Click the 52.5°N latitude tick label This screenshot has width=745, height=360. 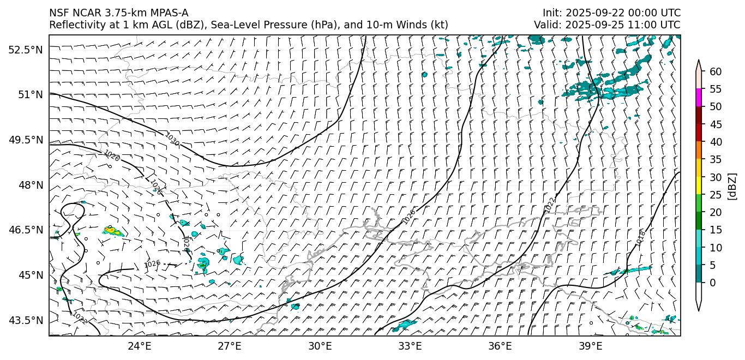(25, 50)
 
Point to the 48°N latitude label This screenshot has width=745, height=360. (29, 185)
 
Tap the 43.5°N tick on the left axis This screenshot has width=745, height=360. (25, 320)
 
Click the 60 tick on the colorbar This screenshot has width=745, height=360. (716, 71)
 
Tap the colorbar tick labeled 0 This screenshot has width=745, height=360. (712, 283)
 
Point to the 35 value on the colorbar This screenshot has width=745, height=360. (716, 159)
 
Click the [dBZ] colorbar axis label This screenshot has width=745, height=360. (732, 187)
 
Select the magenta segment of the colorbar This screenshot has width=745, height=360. (699, 98)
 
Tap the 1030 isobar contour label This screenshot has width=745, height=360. (172, 140)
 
